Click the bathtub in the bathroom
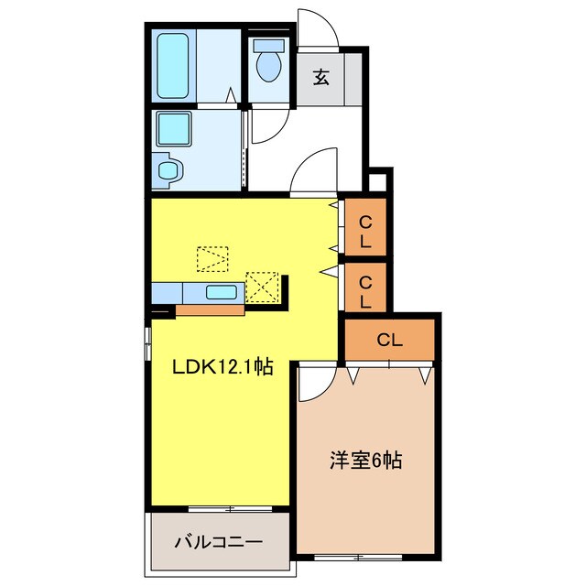tap(173, 67)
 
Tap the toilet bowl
tap(269, 66)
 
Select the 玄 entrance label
tap(321, 78)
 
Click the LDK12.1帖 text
tap(222, 367)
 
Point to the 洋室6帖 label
tap(366, 461)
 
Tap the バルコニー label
tap(219, 542)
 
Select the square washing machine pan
tap(174, 128)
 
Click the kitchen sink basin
tap(222, 292)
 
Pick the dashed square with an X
tap(263, 288)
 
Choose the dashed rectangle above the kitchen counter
tap(212, 259)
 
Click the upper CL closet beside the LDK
tap(365, 227)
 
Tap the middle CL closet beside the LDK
tap(365, 288)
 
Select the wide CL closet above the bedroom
tap(389, 340)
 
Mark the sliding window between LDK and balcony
tap(230, 509)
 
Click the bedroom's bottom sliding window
tap(358, 558)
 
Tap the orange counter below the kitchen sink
tap(210, 309)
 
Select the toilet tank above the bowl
tap(268, 46)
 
